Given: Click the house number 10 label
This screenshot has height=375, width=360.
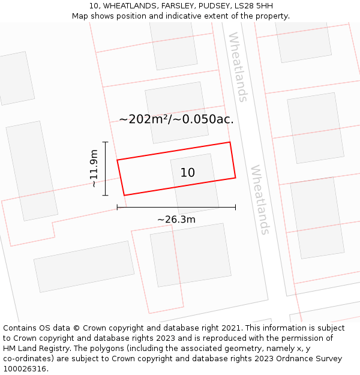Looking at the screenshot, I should (x=188, y=173).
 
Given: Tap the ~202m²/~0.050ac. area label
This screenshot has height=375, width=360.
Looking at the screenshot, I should (x=176, y=119).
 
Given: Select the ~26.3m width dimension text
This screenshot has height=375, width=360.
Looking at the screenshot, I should (x=176, y=220).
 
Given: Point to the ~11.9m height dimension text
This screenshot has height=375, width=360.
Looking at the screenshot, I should (x=94, y=169).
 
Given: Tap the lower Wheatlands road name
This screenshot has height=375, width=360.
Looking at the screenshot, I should (x=260, y=200).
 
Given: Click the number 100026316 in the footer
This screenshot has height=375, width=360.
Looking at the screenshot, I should (x=25, y=369).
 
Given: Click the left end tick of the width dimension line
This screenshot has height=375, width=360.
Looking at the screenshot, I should (x=117, y=207).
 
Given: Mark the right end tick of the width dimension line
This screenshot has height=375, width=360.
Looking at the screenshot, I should (x=235, y=207).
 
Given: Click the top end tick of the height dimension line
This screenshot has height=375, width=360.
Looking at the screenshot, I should (x=106, y=142).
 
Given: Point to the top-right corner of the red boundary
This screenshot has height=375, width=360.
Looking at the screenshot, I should (x=230, y=142).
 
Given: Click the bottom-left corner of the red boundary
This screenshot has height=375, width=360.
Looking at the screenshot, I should (x=124, y=195).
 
